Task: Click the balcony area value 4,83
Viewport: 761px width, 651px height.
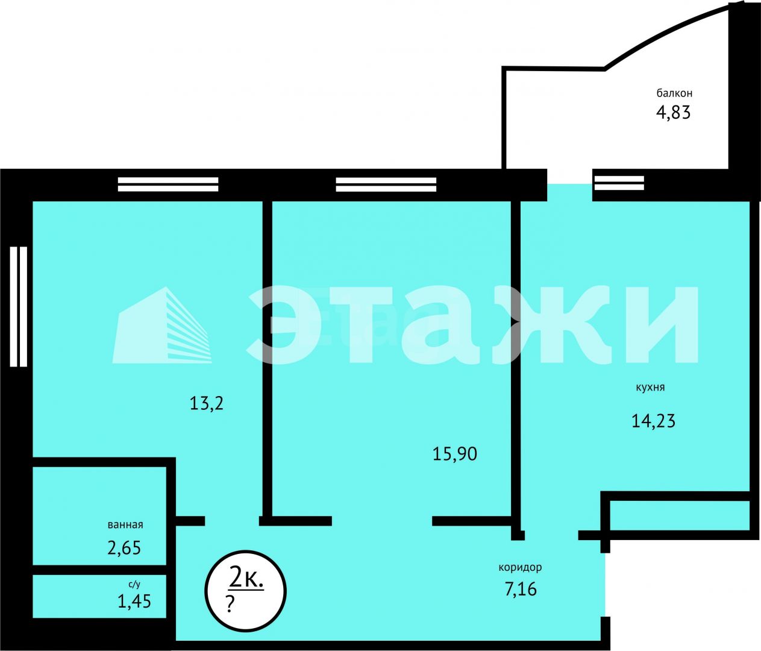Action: [673, 113]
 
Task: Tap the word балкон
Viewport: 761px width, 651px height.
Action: [674, 93]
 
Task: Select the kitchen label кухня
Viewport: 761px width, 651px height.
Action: [650, 388]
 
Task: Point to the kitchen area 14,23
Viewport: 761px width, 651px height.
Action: [653, 420]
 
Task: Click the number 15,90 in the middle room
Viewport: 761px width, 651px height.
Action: [455, 453]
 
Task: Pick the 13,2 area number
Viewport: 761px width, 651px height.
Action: [207, 403]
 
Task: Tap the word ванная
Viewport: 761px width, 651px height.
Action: [125, 524]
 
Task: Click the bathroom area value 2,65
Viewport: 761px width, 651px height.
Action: [124, 548]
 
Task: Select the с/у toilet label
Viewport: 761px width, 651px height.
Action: [134, 584]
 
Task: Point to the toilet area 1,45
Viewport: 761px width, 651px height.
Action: [134, 601]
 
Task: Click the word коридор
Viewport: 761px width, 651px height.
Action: [520, 567]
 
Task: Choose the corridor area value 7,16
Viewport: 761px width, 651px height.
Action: [521, 588]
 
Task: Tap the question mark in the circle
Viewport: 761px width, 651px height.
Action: [230, 604]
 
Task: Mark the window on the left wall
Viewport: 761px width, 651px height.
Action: [19, 306]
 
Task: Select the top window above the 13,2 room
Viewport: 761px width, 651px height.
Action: [168, 184]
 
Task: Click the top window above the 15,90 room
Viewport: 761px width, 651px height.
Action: [386, 184]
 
